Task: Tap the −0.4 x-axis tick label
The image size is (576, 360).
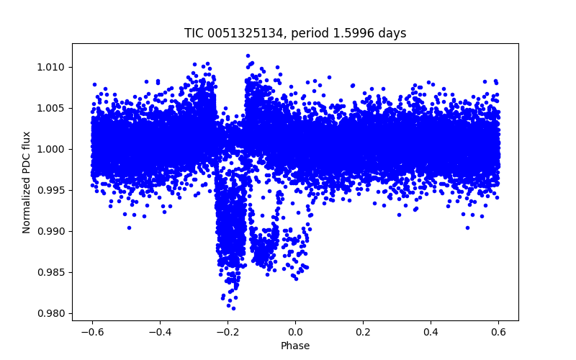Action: tap(160, 331)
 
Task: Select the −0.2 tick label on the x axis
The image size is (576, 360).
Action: tap(228, 331)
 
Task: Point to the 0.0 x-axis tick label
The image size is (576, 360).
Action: tap(295, 331)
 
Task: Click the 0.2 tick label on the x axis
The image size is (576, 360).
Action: tap(363, 331)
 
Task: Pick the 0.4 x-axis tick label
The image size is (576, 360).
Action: tap(431, 331)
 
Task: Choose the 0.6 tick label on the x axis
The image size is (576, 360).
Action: tap(498, 331)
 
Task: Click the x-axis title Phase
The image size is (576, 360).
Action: tap(295, 346)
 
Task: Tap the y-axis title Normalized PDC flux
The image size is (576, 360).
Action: tap(27, 181)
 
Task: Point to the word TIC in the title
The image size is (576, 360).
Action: tap(194, 33)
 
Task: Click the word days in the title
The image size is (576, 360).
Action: tap(393, 33)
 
